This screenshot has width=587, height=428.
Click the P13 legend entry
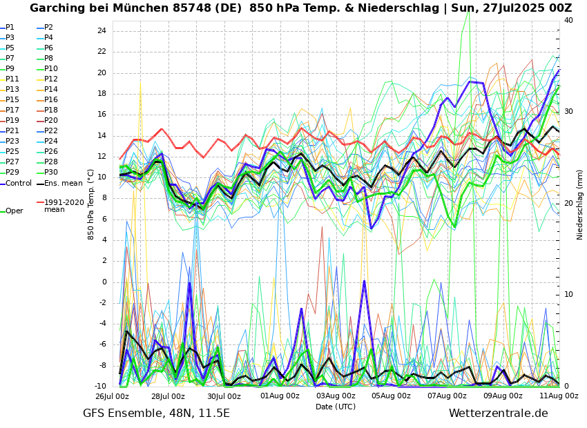click(12, 90)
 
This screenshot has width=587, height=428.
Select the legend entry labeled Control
click(19, 184)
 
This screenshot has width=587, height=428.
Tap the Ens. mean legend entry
click(63, 184)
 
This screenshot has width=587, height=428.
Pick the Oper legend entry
click(14, 211)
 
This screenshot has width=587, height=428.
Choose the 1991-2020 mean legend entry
click(64, 206)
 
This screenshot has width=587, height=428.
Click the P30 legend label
click(51, 173)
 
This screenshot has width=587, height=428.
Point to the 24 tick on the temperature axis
click(102, 31)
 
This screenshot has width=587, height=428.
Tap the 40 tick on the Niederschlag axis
click(568, 21)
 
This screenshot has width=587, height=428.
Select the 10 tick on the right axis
click(568, 295)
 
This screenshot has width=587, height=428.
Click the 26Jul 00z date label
click(112, 397)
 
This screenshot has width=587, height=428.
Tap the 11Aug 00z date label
click(559, 397)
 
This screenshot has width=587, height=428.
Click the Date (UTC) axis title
click(336, 407)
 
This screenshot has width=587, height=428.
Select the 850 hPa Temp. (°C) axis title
click(91, 204)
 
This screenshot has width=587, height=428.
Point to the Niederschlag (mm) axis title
click(580, 204)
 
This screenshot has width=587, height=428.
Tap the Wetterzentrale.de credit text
click(498, 414)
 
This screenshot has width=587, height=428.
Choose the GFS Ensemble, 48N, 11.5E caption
click(156, 414)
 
